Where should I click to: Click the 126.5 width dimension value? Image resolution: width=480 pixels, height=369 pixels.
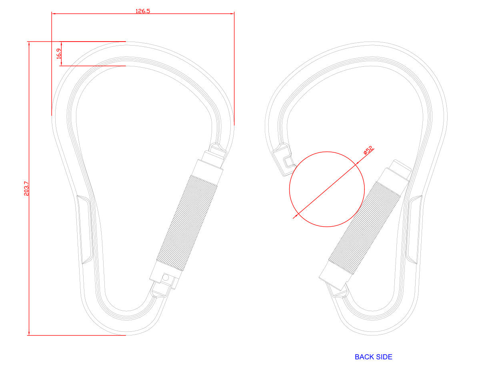(x=143, y=11)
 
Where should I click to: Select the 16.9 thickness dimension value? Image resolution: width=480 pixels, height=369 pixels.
(x=59, y=54)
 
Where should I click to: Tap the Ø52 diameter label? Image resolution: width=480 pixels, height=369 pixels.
(x=368, y=151)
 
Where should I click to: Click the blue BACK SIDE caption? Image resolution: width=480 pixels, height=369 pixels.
(x=373, y=357)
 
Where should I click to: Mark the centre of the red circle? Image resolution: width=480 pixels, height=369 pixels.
(x=327, y=189)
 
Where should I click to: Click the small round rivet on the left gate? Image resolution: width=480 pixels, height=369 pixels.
(x=166, y=277)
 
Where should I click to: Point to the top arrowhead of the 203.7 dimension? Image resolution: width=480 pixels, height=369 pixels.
(x=29, y=44)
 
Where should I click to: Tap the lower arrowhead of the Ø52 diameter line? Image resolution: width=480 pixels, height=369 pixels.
(x=295, y=217)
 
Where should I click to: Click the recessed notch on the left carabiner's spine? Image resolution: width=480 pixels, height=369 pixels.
(x=85, y=229)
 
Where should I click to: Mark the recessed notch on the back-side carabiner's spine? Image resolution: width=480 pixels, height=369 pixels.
(x=414, y=229)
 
